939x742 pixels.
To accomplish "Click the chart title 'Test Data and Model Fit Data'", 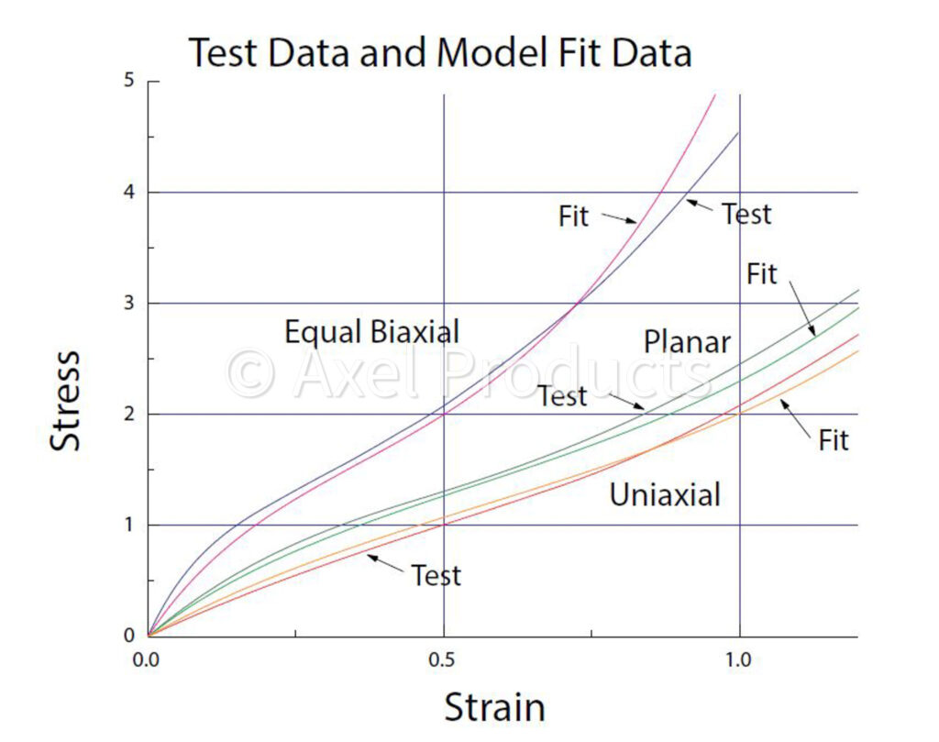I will click(x=439, y=53).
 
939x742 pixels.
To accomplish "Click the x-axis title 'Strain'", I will click(x=494, y=707).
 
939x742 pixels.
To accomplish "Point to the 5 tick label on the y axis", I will click(x=129, y=81).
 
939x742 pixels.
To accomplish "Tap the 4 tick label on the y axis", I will click(x=129, y=193).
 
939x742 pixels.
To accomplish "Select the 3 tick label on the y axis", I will click(x=129, y=304).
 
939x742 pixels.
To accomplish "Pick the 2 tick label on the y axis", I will click(x=129, y=415).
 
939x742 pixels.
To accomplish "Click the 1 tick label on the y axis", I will click(x=129, y=526).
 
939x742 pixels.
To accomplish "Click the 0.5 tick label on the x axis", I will click(x=444, y=659).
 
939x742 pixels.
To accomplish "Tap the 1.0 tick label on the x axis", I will click(x=739, y=659).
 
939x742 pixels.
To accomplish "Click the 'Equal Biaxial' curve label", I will click(x=371, y=331).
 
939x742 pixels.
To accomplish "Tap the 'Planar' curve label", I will click(x=687, y=342).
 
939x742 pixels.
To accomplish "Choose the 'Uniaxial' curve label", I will click(x=665, y=495).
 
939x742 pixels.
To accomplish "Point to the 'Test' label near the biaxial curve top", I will click(x=746, y=214).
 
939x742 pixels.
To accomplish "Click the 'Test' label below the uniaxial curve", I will click(x=436, y=576).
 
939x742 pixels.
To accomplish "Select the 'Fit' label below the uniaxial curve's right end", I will click(x=834, y=440).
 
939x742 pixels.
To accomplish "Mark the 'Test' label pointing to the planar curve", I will click(x=562, y=397).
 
